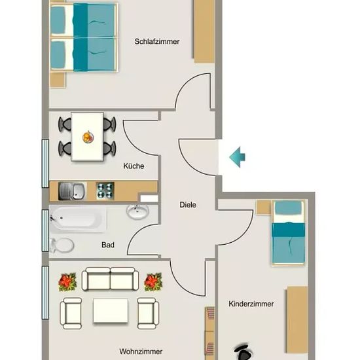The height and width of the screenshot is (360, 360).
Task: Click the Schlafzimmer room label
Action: pos(157,41)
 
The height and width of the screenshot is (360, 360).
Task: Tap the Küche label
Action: pos(134,166)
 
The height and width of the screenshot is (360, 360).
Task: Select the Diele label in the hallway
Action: pos(188,205)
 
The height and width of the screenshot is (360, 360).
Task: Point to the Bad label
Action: pos(108,245)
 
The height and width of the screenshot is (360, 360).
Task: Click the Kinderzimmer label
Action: pos(251,304)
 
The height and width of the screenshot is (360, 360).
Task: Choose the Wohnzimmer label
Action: pos(141,351)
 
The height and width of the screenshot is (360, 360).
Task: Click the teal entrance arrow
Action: pos(238,157)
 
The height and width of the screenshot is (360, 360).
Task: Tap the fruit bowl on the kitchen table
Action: pos(88,137)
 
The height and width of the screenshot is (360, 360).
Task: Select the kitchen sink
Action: pos(72,191)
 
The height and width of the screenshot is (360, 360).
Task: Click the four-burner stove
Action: pos(105,190)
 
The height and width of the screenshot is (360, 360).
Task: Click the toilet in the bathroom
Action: pos(62,245)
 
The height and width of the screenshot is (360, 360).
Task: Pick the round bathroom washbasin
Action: pos(137,211)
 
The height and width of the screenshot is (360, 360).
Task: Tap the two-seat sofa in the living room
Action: pos(110,279)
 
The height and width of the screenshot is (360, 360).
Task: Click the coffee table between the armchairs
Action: pos(111,311)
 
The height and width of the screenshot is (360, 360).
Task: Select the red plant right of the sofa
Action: pos(153,281)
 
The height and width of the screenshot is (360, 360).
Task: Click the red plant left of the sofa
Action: pos(67,281)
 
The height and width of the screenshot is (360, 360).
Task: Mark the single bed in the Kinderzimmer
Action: pos(289,233)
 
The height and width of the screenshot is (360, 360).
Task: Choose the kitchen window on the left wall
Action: pos(45,163)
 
